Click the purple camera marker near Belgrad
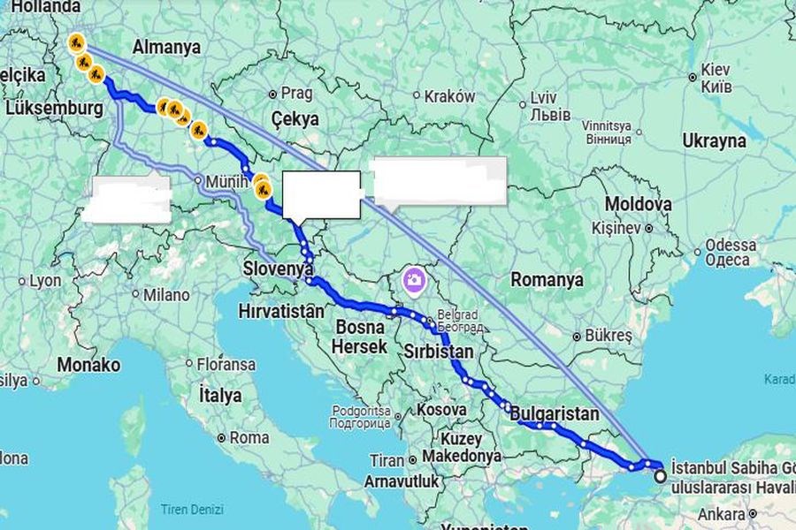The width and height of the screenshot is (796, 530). click(x=413, y=281)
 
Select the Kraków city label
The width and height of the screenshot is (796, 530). click(x=449, y=96)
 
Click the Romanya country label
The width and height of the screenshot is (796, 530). click(x=547, y=280)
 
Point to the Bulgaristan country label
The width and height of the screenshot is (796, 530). click(x=555, y=413)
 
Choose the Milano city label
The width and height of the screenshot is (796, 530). click(x=167, y=294)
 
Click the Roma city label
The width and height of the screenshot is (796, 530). click(x=249, y=437)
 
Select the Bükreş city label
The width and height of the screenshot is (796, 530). click(x=610, y=336)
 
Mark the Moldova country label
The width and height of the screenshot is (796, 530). click(x=638, y=204)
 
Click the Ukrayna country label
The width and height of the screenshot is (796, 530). click(x=714, y=140)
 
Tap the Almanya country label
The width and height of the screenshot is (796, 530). click(x=166, y=47)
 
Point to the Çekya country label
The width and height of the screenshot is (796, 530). click(x=295, y=118)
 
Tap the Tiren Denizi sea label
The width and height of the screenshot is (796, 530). click(x=192, y=510)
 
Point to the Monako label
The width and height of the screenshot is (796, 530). click(x=88, y=364)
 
